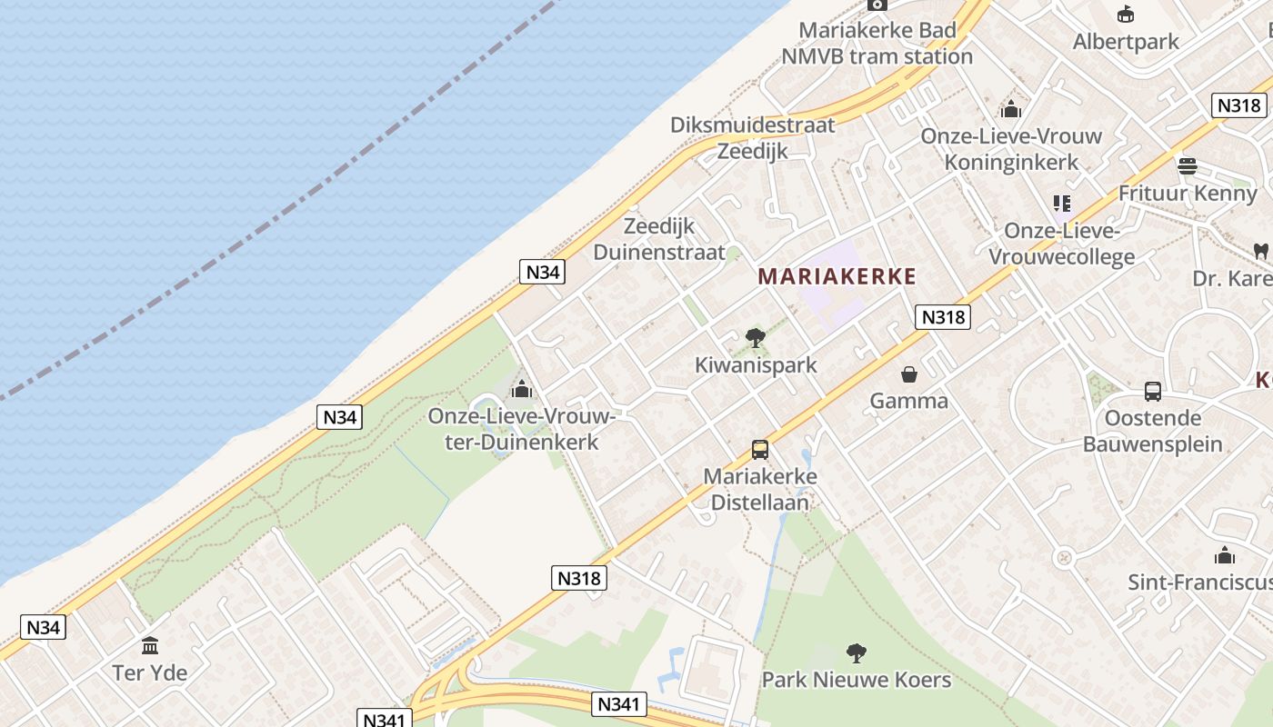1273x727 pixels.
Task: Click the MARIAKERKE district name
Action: coord(837,276)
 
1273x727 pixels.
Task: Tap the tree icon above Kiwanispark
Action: coord(755,339)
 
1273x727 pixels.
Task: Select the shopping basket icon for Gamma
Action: coord(908,373)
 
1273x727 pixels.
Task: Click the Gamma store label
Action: coord(908,401)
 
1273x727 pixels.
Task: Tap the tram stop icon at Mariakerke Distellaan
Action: coord(760,449)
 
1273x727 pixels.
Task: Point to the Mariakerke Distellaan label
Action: coord(760,489)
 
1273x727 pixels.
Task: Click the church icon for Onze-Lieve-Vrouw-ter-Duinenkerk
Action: coord(521,390)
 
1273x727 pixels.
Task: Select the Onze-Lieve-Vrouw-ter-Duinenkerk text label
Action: coord(522,430)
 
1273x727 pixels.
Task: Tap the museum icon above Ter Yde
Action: coord(150,646)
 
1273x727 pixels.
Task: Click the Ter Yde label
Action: coord(150,673)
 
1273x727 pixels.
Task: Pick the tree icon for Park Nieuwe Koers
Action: coord(856,652)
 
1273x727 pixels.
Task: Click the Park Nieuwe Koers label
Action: coord(856,680)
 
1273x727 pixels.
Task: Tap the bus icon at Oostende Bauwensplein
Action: coord(1153,392)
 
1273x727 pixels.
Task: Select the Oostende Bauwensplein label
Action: coord(1153,432)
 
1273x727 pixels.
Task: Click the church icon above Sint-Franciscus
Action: coord(1224,555)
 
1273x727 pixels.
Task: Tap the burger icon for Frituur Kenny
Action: coord(1187,166)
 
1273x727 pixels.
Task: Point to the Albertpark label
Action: coord(1126,42)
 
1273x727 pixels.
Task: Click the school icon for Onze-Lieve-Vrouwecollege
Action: coord(1061,204)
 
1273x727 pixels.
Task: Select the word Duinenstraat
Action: coord(659,252)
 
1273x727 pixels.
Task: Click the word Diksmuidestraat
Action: coord(752,125)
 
